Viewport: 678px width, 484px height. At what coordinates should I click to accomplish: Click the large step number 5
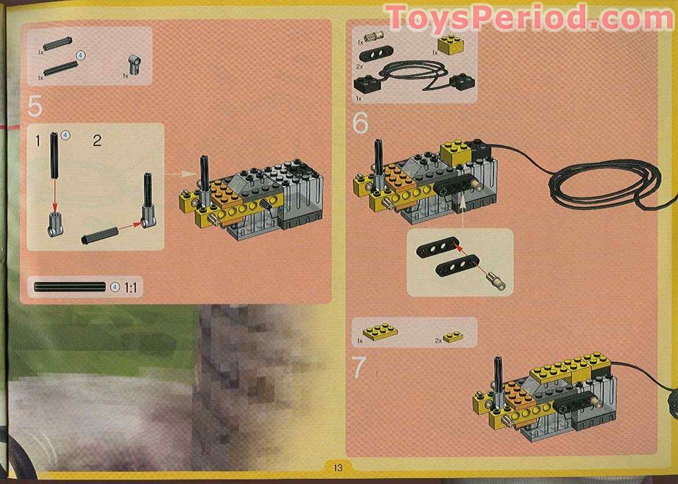35,106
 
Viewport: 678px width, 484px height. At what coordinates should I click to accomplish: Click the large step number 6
360,124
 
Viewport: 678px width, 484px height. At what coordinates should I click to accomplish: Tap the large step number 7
359,368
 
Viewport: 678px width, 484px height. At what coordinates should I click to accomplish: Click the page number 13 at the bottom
338,468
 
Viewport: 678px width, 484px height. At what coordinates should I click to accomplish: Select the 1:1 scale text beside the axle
131,288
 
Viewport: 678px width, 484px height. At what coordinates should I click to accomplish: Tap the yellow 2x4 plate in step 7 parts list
379,332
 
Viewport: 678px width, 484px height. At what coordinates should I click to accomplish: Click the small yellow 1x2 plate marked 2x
453,336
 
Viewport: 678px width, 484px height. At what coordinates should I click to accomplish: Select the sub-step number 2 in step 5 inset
97,140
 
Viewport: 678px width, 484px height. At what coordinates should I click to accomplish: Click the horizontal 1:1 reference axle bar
70,287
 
